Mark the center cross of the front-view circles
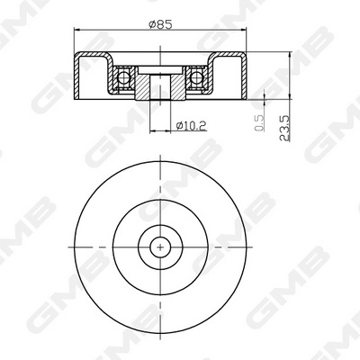[x=159, y=246]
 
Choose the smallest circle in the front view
[x=159, y=246]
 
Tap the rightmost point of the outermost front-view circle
[x=246, y=246]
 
